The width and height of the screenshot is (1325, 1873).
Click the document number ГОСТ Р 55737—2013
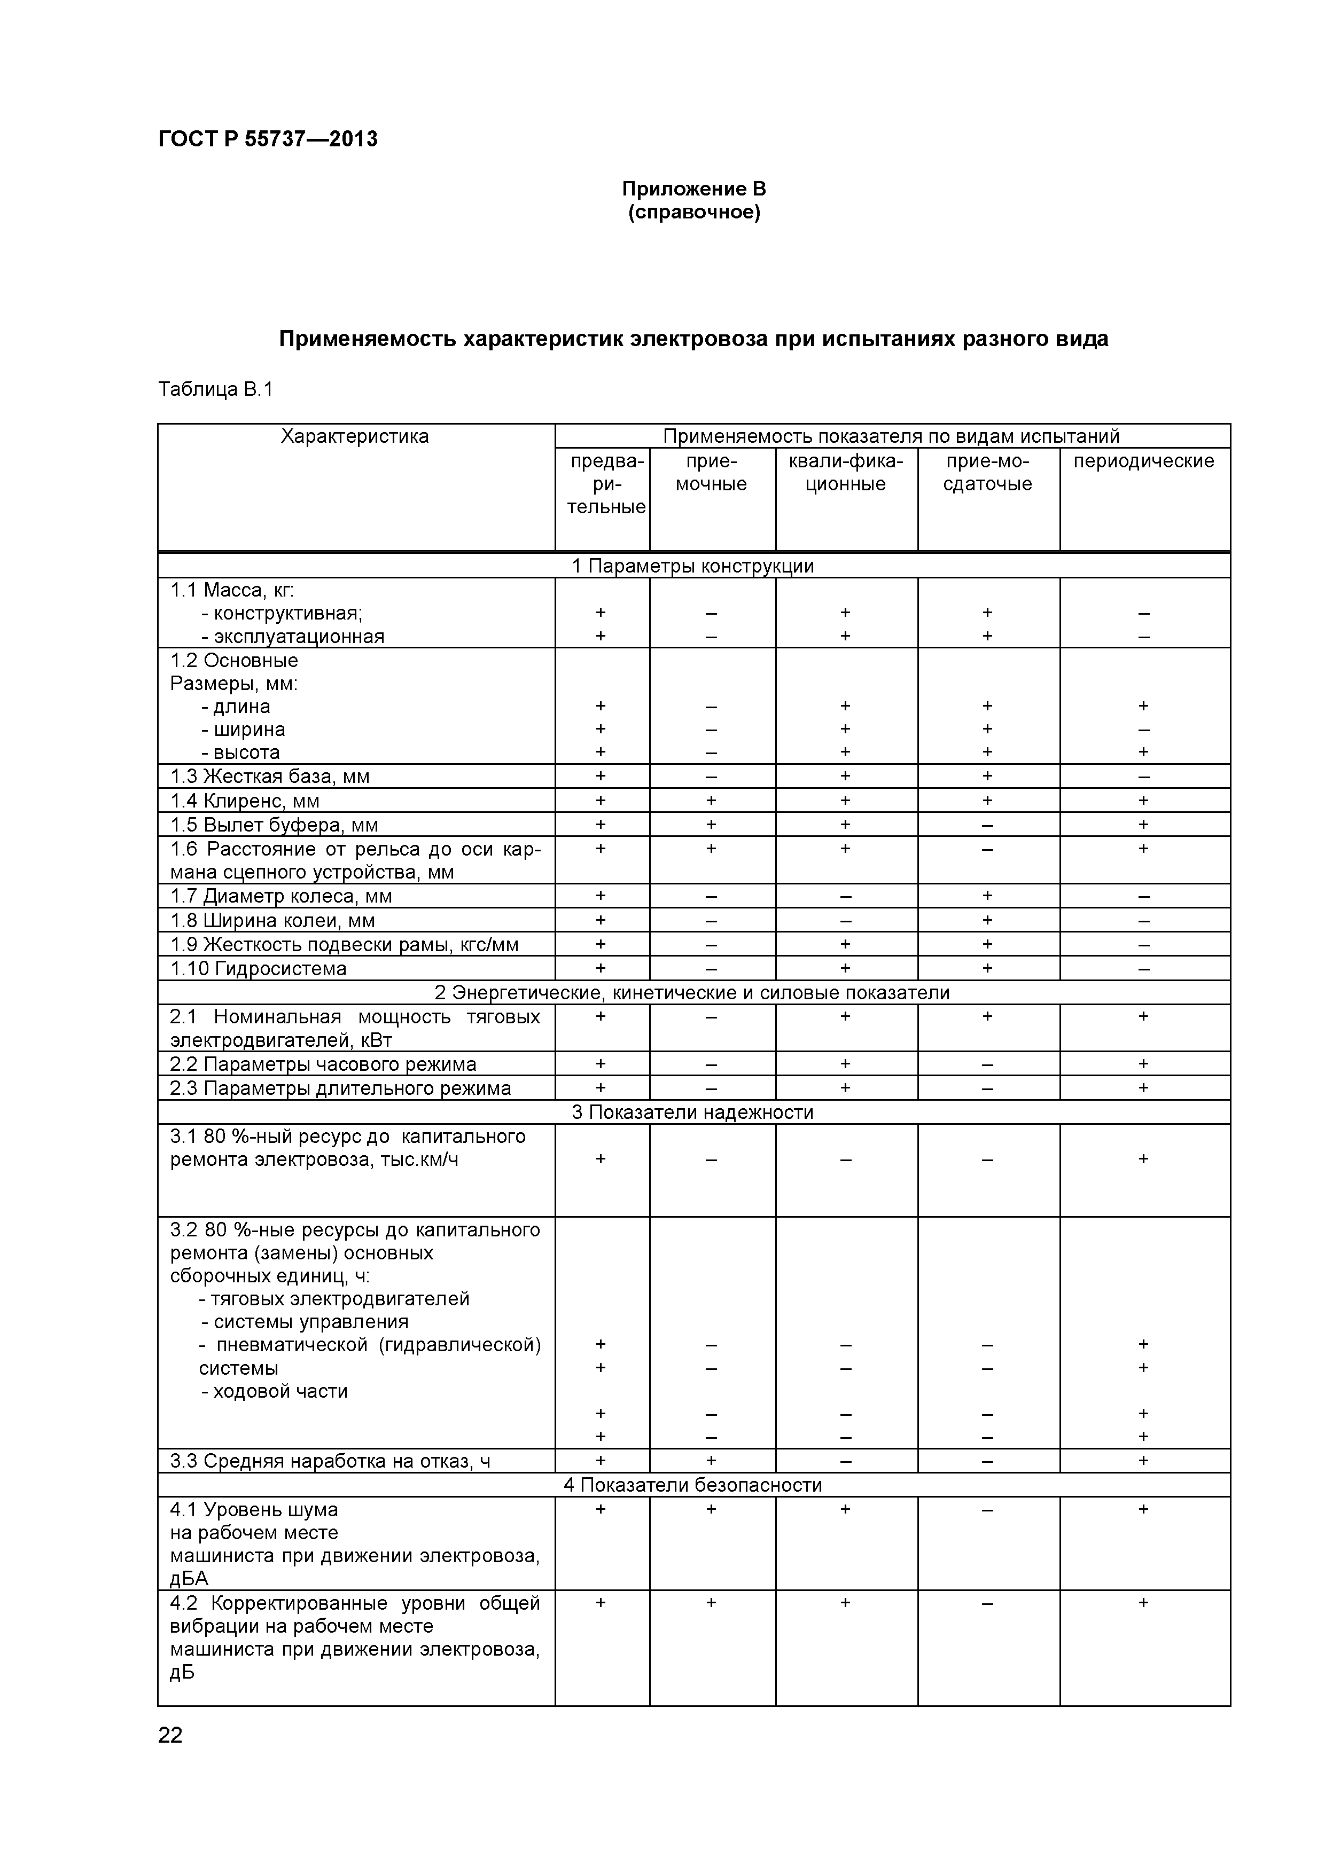pyautogui.click(x=268, y=139)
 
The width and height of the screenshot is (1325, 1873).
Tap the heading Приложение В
pyautogui.click(x=693, y=189)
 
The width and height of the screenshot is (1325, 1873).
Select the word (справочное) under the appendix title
pyautogui.click(x=693, y=213)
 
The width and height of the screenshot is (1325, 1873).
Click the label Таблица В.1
pyautogui.click(x=215, y=389)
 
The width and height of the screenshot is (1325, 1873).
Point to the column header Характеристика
pyautogui.click(x=355, y=436)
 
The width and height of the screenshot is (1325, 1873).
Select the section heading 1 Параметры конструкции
pyautogui.click(x=693, y=566)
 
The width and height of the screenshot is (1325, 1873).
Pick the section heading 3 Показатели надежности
pyautogui.click(x=693, y=1112)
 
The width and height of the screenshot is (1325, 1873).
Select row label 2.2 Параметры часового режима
pyautogui.click(x=323, y=1064)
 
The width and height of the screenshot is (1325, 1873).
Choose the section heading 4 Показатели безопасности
pyautogui.click(x=693, y=1485)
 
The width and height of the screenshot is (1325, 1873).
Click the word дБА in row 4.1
pyautogui.click(x=189, y=1579)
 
